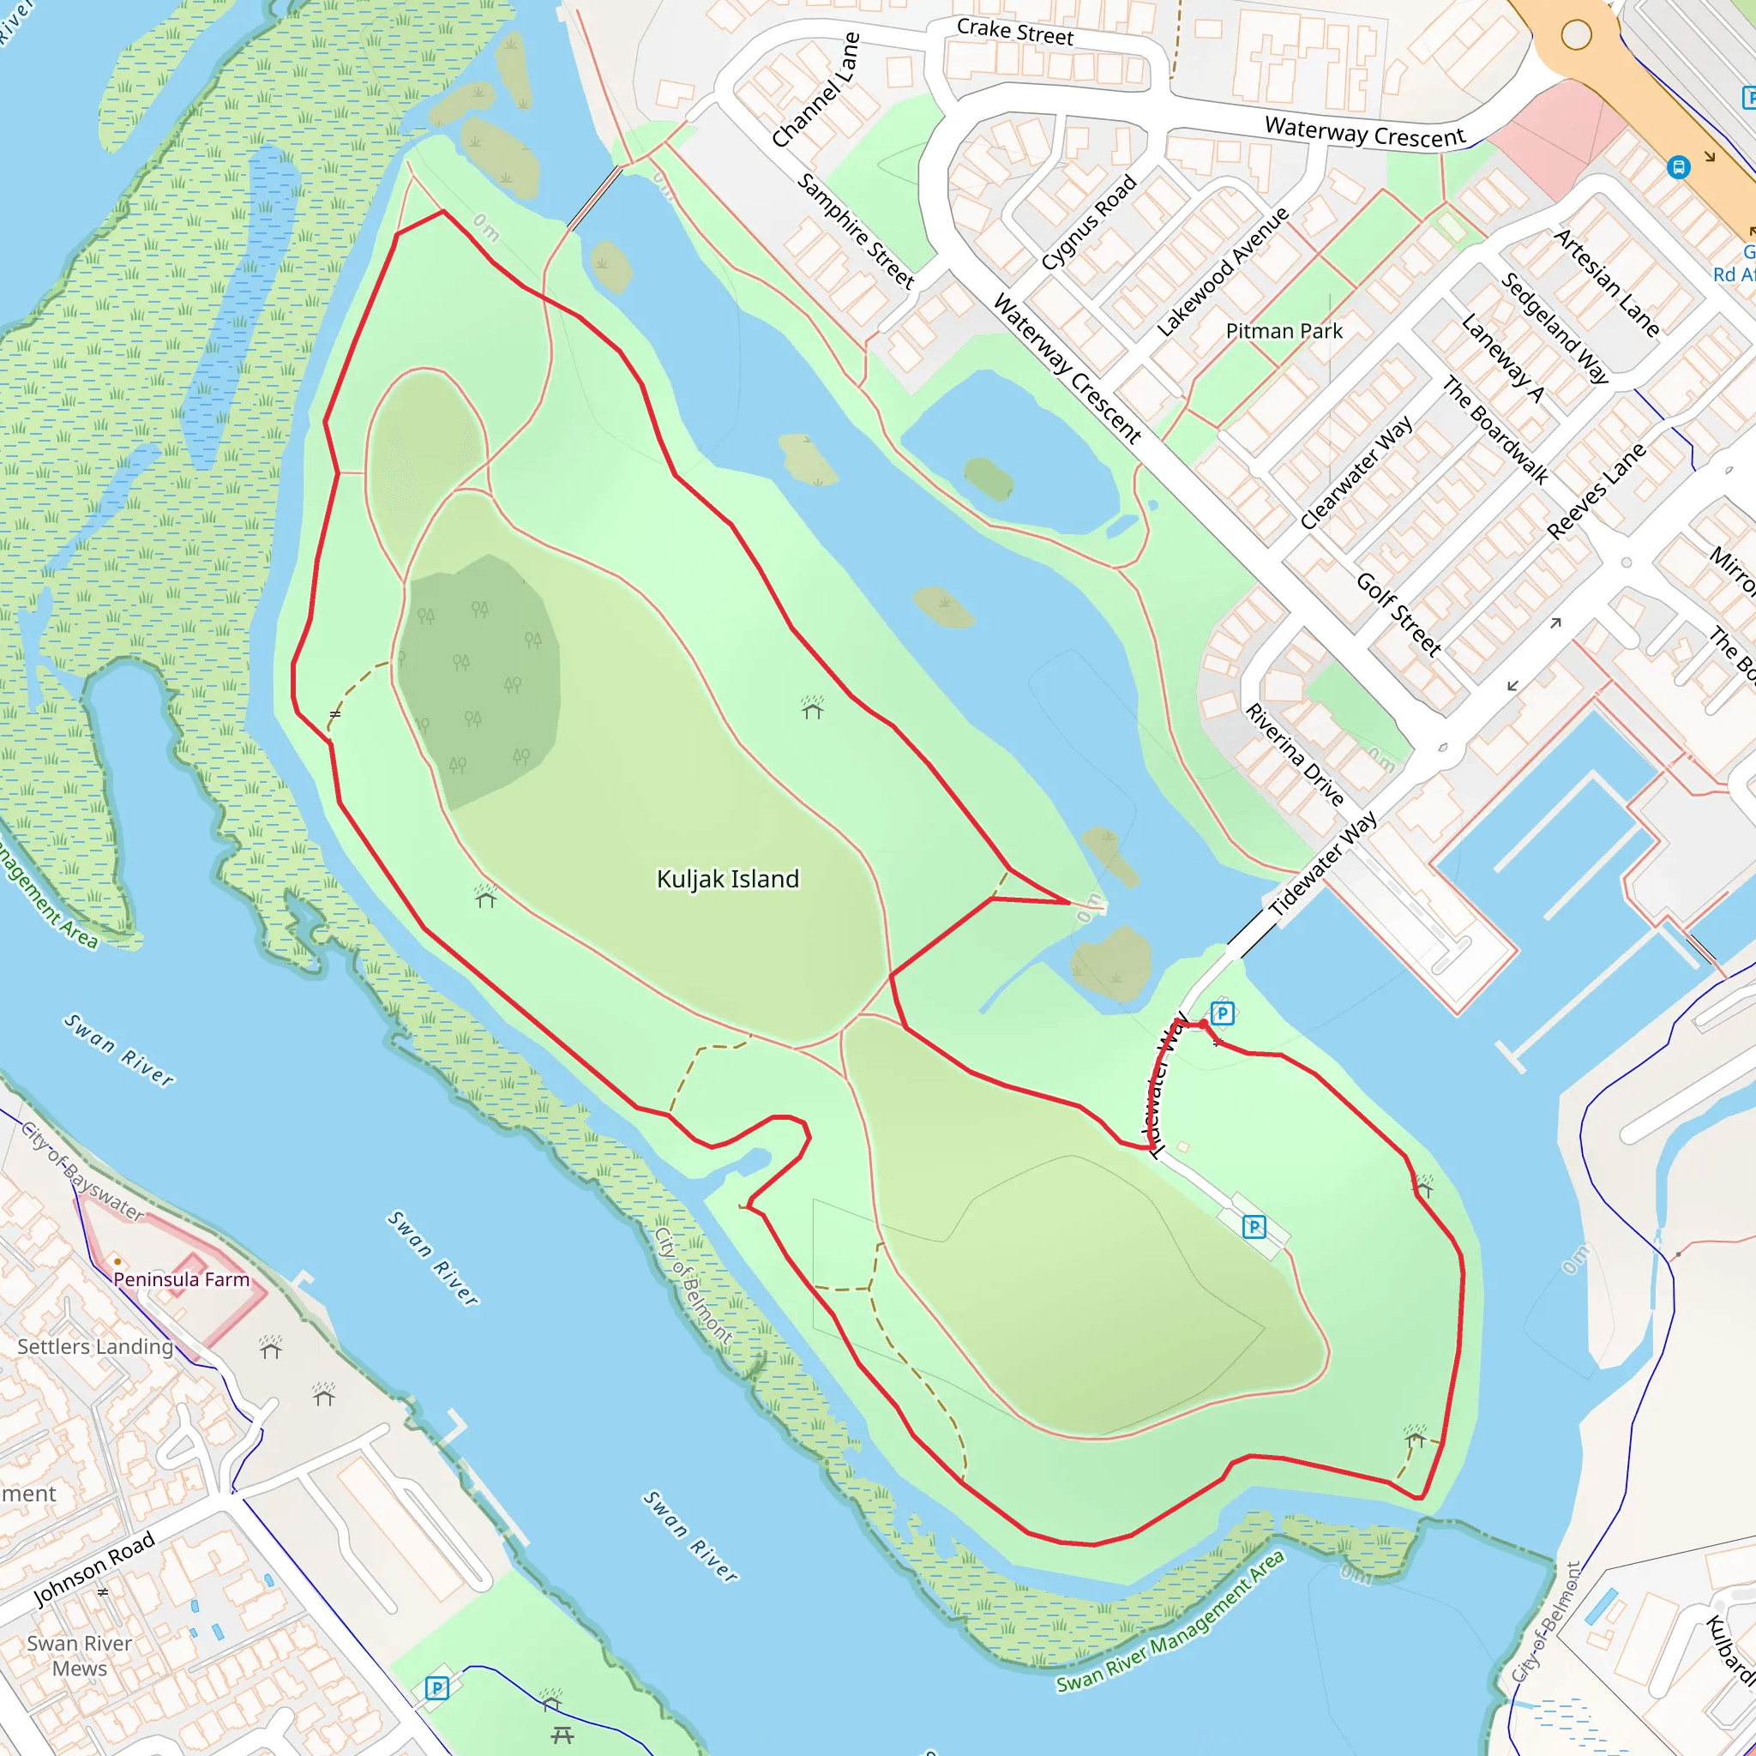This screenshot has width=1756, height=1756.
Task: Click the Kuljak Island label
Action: tap(727, 879)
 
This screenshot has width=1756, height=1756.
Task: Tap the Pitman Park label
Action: tap(1284, 331)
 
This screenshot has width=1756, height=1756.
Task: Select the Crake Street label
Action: tap(1014, 33)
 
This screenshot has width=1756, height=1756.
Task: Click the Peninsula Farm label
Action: tap(181, 1280)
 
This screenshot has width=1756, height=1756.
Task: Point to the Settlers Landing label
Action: tap(94, 1347)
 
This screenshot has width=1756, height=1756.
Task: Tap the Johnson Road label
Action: tap(93, 1569)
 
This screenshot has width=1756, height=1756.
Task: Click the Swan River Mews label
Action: tap(79, 1656)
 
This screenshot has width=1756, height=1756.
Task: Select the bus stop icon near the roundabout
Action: tap(1678, 167)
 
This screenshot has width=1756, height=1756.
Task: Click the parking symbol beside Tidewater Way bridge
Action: tap(1223, 1013)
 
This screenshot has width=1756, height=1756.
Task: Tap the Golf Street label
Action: tap(1398, 615)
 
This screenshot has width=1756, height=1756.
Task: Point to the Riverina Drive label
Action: tap(1293, 755)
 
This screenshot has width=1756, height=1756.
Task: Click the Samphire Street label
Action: tap(855, 231)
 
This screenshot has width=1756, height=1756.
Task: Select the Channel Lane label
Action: tap(815, 90)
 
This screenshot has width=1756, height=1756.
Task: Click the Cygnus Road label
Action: tap(1088, 222)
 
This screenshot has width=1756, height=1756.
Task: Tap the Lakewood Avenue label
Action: tap(1223, 271)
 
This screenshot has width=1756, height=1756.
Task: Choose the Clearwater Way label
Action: tap(1356, 472)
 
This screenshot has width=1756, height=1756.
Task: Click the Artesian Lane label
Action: tap(1606, 282)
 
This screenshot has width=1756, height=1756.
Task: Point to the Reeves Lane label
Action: tap(1596, 490)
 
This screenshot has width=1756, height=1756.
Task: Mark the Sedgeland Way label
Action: tap(1555, 328)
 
